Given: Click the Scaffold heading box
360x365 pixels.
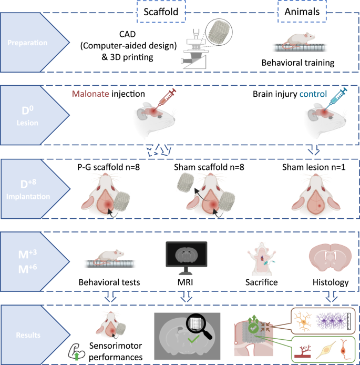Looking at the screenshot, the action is [x=161, y=12].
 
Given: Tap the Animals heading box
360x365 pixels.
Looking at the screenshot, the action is [x=302, y=12].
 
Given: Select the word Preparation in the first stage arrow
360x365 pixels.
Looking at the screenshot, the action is [x=27, y=43].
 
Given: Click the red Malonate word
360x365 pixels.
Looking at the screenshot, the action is [x=90, y=94].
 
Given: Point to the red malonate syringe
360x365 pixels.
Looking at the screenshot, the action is [x=168, y=97].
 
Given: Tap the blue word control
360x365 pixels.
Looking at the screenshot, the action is [x=313, y=94].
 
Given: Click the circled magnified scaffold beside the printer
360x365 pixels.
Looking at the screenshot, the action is [x=219, y=32].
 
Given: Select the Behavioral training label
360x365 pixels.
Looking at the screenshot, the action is [x=298, y=63].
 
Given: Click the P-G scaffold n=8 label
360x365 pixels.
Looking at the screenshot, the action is [x=109, y=167].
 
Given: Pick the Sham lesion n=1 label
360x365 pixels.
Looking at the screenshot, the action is [x=314, y=167].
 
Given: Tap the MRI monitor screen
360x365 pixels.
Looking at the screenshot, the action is [x=186, y=254].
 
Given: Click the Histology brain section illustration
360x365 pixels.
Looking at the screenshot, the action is [x=330, y=258].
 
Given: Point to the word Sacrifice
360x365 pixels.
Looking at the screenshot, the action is [x=261, y=282].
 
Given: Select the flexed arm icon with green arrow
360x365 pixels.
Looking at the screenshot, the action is [x=77, y=352].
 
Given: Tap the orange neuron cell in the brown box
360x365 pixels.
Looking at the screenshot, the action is [x=303, y=322].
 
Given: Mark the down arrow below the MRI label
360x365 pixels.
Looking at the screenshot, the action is [x=186, y=296].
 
